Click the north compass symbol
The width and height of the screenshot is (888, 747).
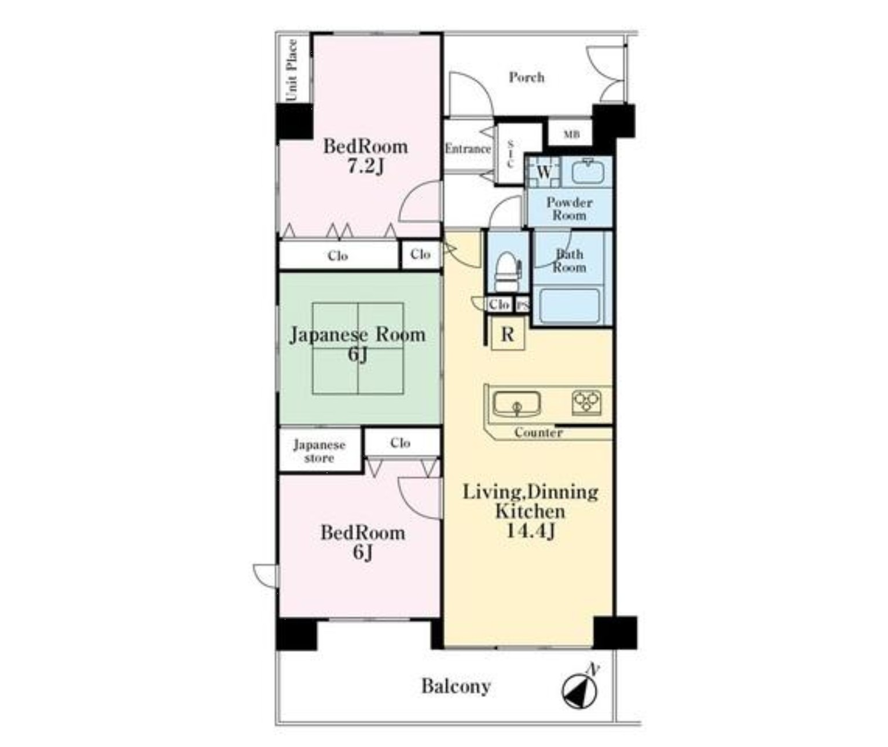579,690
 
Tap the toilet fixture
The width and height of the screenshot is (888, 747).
507,272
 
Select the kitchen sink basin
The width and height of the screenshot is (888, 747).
517,404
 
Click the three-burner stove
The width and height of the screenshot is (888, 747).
586,402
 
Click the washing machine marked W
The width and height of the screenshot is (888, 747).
544,173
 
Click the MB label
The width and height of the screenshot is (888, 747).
571,134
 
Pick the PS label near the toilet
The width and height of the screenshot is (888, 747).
523,306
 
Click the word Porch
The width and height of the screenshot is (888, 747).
527,78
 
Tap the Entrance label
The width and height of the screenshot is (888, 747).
468,149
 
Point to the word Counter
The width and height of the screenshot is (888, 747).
538,433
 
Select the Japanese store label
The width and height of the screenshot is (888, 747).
320,451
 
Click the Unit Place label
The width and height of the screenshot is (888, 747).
292,70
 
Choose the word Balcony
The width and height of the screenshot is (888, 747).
456,686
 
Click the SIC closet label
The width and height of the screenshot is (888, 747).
511,154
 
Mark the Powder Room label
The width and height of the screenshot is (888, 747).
570,208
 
